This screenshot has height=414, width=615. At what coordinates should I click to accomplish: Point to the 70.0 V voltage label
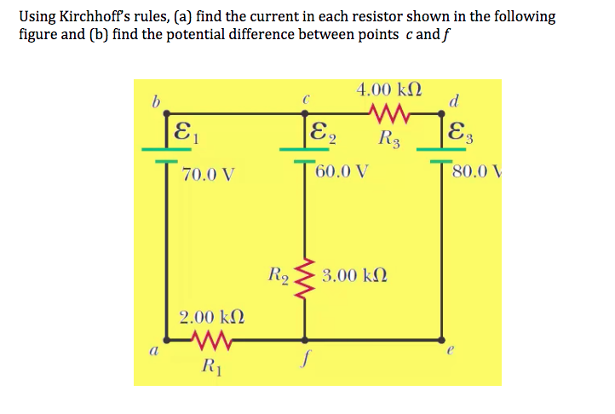pyautogui.click(x=210, y=175)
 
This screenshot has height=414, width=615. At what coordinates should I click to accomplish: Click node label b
pyautogui.click(x=155, y=103)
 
